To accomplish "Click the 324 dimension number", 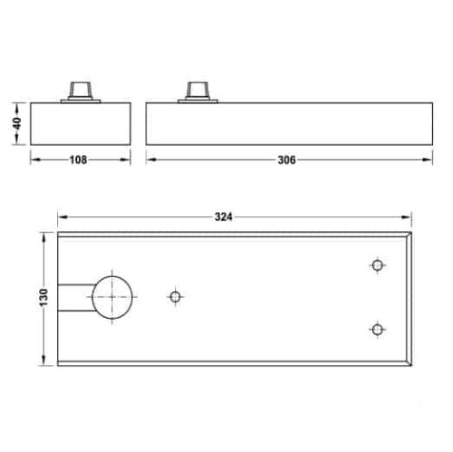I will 225,216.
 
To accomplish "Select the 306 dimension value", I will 285,160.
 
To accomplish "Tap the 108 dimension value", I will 79,160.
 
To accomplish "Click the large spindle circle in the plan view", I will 111,296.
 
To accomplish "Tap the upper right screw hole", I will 377,264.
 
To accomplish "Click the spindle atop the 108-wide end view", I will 80,90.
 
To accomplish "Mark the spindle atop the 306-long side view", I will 197,90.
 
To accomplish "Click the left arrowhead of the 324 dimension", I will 63,216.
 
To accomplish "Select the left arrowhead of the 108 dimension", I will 34,160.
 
